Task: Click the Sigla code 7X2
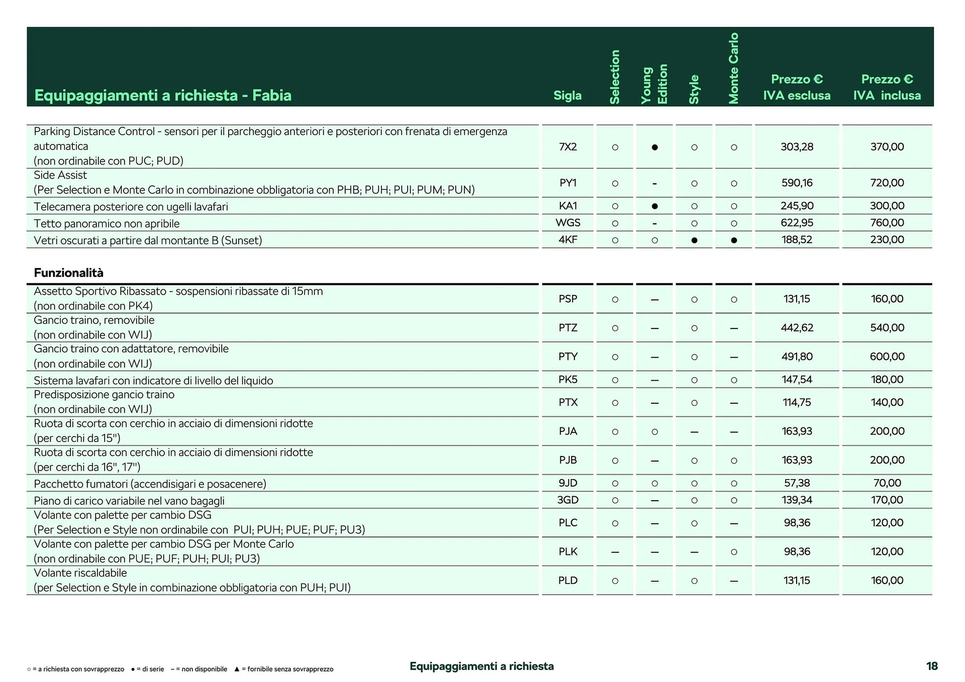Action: [567, 147]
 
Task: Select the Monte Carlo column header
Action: [733, 68]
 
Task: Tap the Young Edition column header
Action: [654, 84]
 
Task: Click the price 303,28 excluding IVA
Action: [797, 147]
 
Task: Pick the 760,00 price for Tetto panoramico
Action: [887, 223]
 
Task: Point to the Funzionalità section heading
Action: [68, 273]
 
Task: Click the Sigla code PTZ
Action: [567, 328]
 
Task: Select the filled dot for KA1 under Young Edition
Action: [654, 206]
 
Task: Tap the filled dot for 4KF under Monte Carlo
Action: [734, 240]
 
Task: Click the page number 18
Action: [931, 666]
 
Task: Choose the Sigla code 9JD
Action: [567, 483]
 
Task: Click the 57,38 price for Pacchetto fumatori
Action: [797, 483]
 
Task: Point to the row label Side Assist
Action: [60, 175]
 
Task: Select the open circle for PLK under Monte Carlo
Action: [734, 552]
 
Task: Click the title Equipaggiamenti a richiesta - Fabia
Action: [163, 95]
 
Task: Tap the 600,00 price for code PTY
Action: [887, 357]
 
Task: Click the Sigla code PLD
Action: [567, 581]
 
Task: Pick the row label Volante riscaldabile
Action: [80, 573]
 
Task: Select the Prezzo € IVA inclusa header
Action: [887, 87]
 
